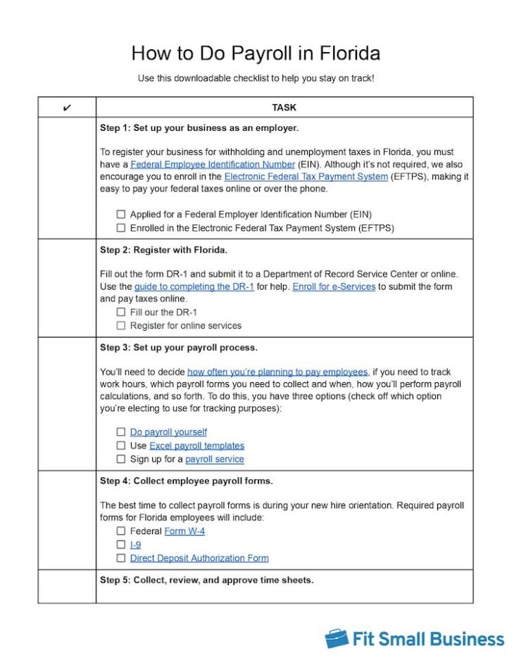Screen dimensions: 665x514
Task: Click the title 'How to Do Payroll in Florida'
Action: pos(256,53)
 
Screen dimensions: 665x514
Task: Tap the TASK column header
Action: pos(284,108)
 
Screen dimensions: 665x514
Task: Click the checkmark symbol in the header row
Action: pos(67,108)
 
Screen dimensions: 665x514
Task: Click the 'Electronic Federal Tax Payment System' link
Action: pos(306,177)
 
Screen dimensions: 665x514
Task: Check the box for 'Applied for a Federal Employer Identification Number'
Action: pos(121,215)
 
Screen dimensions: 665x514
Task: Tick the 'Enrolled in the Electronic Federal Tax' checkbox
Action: pos(121,228)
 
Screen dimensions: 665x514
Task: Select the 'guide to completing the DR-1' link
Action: pos(194,287)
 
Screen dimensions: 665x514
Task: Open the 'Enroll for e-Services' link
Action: pos(334,287)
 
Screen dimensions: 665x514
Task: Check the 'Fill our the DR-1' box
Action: pos(121,312)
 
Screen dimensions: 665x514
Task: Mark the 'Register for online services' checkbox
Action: pos(121,326)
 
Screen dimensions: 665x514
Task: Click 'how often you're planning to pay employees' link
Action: pos(277,372)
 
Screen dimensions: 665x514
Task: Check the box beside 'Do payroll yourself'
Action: pos(121,432)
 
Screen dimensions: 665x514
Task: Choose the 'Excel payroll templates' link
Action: pos(196,445)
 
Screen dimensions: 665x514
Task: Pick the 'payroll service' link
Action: pos(214,459)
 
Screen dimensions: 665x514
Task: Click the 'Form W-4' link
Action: pos(184,531)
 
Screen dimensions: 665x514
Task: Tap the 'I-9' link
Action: pos(135,545)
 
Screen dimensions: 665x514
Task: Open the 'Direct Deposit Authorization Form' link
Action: pos(199,558)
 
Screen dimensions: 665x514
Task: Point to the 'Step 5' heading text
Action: pos(206,580)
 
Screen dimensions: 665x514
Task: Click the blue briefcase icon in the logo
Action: pos(337,638)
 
